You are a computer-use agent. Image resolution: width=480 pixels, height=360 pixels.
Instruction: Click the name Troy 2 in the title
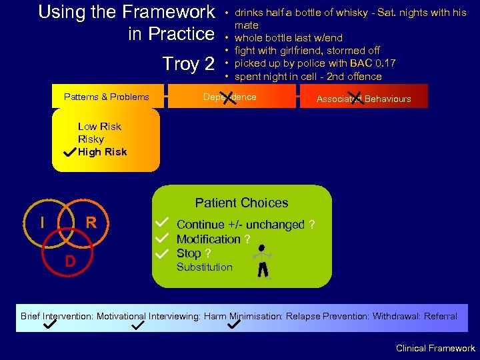(x=189, y=64)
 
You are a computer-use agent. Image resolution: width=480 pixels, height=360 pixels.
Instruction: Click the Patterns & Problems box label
(x=107, y=97)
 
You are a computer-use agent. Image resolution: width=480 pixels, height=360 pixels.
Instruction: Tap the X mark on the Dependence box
(x=231, y=99)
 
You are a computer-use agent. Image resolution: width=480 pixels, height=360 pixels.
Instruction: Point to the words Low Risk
(x=99, y=127)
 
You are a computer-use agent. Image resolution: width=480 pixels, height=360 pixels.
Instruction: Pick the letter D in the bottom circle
(x=70, y=260)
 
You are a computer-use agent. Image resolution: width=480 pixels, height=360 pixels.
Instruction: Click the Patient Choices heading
(x=241, y=203)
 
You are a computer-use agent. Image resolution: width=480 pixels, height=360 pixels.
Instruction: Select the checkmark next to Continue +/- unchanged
(x=161, y=223)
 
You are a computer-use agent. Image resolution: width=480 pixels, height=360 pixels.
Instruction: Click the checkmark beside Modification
(x=161, y=238)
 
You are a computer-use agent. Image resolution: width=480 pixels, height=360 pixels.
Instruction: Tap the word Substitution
(x=204, y=267)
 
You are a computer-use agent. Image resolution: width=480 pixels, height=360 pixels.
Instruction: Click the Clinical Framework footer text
(x=435, y=349)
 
